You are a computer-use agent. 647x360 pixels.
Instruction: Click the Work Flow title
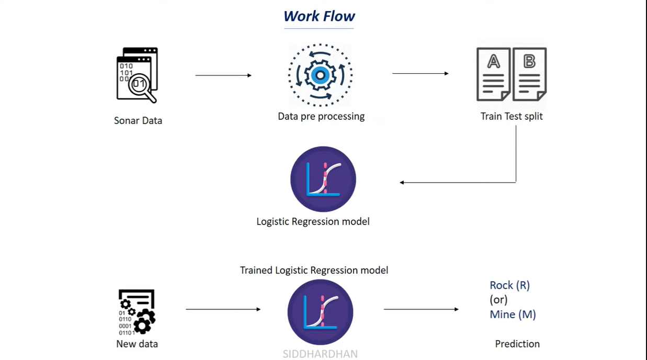pyautogui.click(x=319, y=16)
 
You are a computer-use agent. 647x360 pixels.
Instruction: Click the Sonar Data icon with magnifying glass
pyautogui.click(x=137, y=75)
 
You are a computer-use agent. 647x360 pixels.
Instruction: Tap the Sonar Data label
pyautogui.click(x=138, y=121)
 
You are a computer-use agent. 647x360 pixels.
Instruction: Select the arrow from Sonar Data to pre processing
pyautogui.click(x=223, y=75)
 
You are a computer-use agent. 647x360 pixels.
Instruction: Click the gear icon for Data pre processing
pyautogui.click(x=320, y=75)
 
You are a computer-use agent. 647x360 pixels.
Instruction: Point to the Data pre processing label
pyautogui.click(x=321, y=116)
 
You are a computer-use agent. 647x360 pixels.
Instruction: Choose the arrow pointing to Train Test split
pyautogui.click(x=420, y=73)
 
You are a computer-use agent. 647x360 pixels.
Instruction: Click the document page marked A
pyautogui.click(x=493, y=74)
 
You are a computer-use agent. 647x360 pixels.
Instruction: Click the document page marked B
pyautogui.click(x=529, y=74)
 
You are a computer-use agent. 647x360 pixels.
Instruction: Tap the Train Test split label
pyautogui.click(x=512, y=116)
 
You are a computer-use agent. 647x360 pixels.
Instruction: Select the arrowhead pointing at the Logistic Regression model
pyautogui.click(x=402, y=183)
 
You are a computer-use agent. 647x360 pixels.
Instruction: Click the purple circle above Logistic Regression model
pyautogui.click(x=323, y=179)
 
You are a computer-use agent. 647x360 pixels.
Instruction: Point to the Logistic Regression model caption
pyautogui.click(x=313, y=221)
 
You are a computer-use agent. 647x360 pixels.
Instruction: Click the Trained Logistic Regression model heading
pyautogui.click(x=314, y=271)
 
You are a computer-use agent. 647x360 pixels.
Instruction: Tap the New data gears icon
pyautogui.click(x=137, y=312)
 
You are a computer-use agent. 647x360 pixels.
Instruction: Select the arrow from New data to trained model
pyautogui.click(x=223, y=309)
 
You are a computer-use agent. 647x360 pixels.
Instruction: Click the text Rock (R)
pyautogui.click(x=509, y=286)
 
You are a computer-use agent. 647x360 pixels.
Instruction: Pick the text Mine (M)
pyautogui.click(x=513, y=314)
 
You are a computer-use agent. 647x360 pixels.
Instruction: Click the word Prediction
pyautogui.click(x=517, y=344)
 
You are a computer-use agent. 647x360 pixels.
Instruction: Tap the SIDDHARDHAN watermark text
pyautogui.click(x=320, y=354)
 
